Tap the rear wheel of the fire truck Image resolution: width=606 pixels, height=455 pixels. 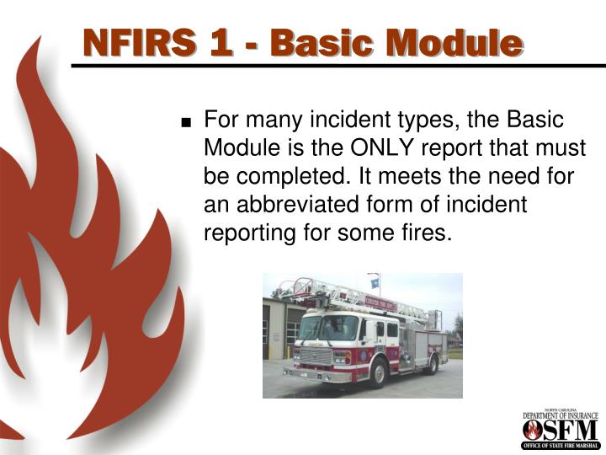point(432,363)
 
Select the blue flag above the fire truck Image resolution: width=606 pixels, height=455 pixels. point(375,281)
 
